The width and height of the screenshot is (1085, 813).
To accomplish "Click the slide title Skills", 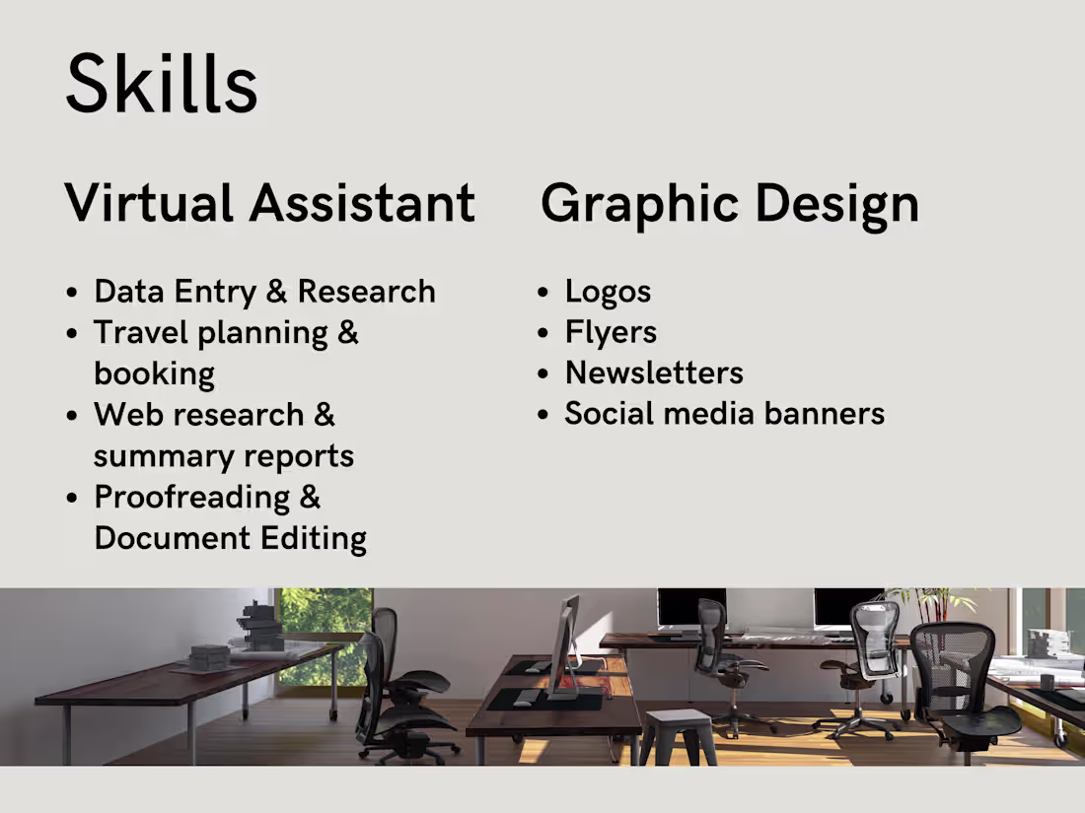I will tap(162, 83).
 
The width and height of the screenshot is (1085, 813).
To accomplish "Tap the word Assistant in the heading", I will tap(362, 203).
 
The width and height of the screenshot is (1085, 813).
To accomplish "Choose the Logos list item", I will tap(608, 292).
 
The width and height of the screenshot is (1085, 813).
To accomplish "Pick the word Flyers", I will tap(611, 333).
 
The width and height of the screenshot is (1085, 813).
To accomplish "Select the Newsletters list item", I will tap(654, 373).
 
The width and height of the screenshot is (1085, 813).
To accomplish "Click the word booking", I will tap(154, 374).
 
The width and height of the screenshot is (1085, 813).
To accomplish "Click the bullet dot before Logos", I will tap(543, 293).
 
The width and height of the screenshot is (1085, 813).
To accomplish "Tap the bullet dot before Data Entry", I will tap(72, 293).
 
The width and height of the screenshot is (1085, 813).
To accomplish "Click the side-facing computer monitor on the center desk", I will tap(563, 645).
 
